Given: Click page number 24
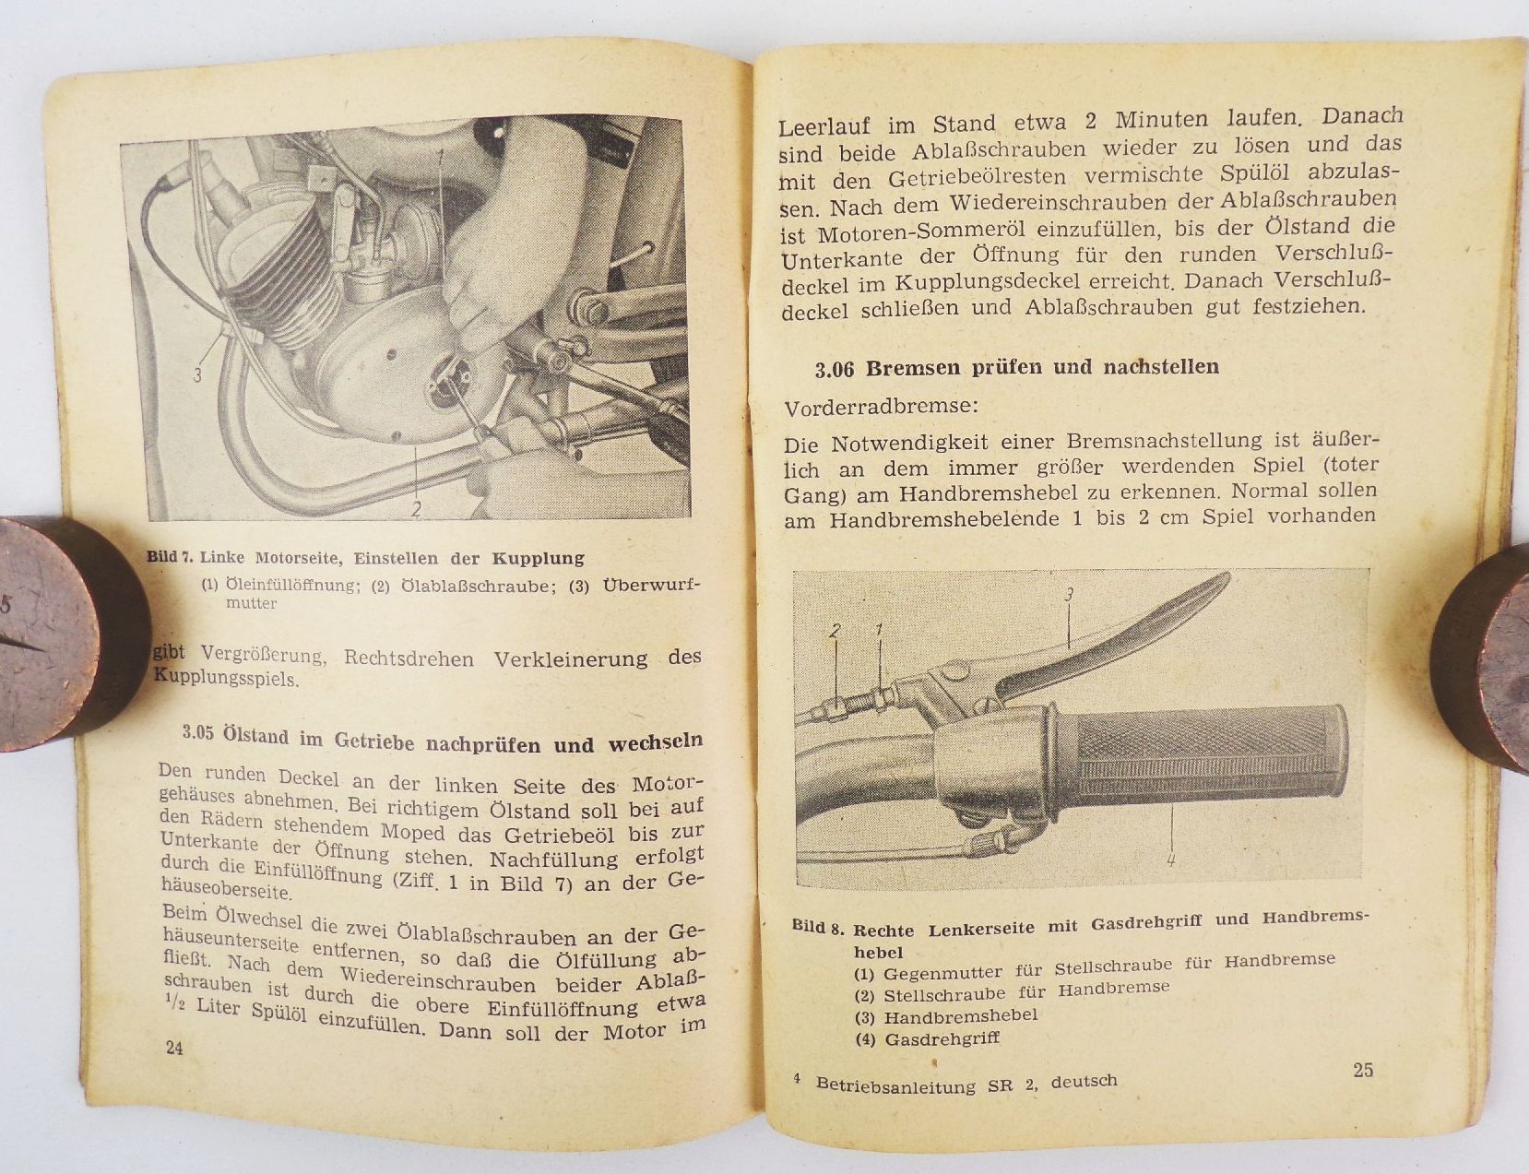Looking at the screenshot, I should coord(173,1048).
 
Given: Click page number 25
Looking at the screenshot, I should coord(1363,1070).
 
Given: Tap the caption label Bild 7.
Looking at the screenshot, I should coord(171,557).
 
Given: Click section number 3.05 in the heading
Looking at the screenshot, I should coord(198,733).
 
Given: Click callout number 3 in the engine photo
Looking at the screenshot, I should coord(197,375).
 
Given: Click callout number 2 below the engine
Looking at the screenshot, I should coord(417,508).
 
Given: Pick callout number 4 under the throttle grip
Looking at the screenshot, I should coord(1170,860).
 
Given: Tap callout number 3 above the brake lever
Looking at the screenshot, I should coord(1069,596).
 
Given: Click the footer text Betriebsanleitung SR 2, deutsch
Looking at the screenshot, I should coord(966,1084).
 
